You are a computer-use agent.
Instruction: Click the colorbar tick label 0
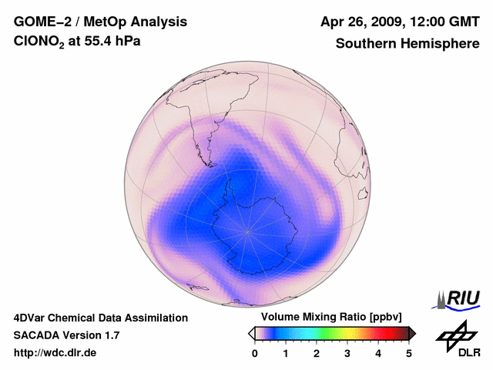tap(255, 353)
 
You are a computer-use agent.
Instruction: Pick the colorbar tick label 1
tap(286, 353)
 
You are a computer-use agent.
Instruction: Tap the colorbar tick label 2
tap(317, 353)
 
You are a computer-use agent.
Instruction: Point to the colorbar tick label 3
tap(347, 353)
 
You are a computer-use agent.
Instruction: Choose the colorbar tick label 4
tap(378, 353)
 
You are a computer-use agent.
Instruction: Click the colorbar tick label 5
tap(409, 353)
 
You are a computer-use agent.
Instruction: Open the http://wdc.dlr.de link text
tap(55, 353)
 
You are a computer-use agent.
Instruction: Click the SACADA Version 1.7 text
tap(66, 335)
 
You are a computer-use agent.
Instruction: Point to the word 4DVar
tap(31, 318)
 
